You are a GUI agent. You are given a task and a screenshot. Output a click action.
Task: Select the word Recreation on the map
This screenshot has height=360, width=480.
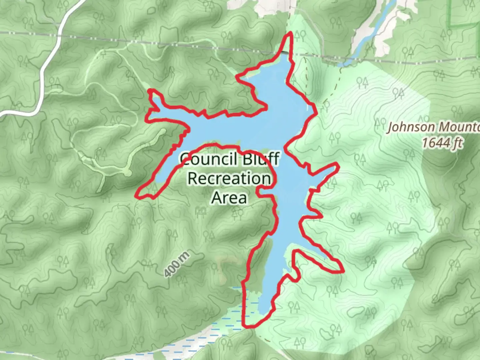(229, 178)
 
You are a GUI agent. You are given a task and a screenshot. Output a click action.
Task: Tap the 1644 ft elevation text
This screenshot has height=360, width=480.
(442, 143)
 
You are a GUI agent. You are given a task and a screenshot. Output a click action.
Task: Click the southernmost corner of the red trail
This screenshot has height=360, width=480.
(247, 326)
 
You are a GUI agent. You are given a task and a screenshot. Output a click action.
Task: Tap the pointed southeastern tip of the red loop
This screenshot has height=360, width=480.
(342, 271)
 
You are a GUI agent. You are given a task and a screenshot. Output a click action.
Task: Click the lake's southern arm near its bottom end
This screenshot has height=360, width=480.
(267, 300)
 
